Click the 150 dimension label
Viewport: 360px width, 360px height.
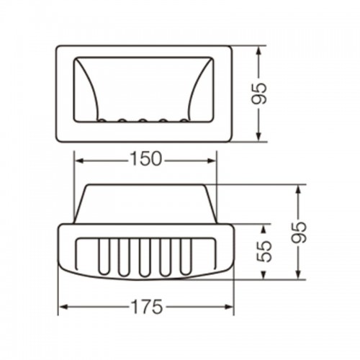(145, 159)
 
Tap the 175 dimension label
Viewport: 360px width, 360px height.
(147, 307)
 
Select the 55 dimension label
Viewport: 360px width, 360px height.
(265, 251)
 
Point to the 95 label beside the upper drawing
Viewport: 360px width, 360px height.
(259, 94)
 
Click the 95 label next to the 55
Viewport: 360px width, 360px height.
(299, 232)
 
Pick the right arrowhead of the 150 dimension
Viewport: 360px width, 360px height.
(212, 161)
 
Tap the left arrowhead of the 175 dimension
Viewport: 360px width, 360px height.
(63, 307)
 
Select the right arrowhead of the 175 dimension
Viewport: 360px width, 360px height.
(229, 307)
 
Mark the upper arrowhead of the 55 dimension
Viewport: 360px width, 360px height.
(264, 229)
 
